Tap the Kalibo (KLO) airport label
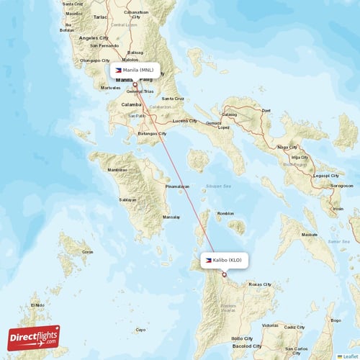click(x=223, y=260)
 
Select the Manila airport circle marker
click(x=135, y=84)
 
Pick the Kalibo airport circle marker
click(x=224, y=274)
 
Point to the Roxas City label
click(x=259, y=284)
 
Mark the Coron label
click(x=87, y=252)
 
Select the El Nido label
click(x=37, y=305)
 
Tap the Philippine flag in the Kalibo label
click(x=208, y=260)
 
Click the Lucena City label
click(x=184, y=120)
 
